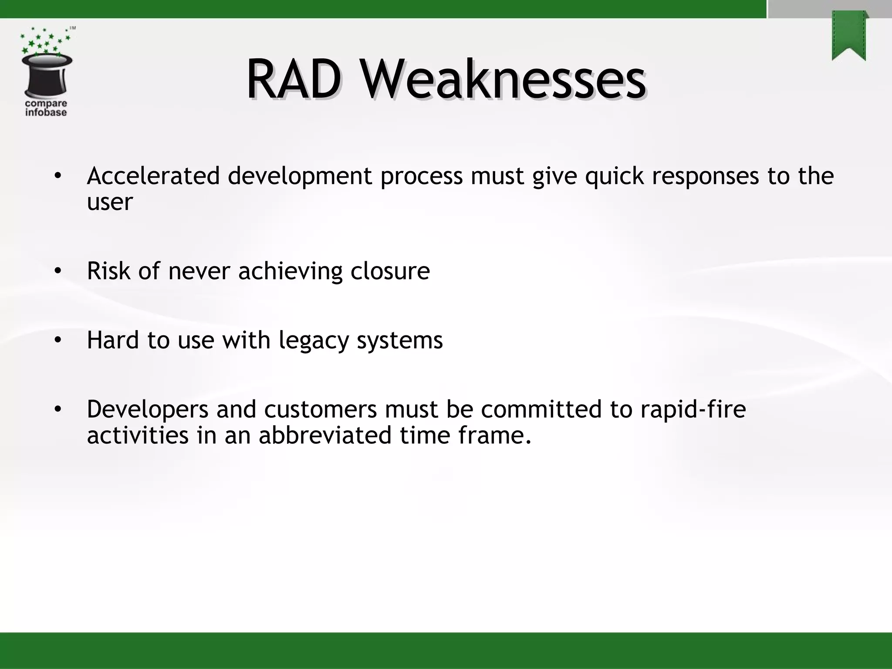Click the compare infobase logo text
coord(46,108)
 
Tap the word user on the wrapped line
coord(109,202)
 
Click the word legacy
coord(314,341)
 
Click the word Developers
coord(147,409)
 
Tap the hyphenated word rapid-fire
coord(693,409)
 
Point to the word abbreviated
coord(325,435)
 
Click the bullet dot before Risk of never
coord(58,271)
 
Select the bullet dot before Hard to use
coord(58,341)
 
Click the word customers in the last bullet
coord(320,409)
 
